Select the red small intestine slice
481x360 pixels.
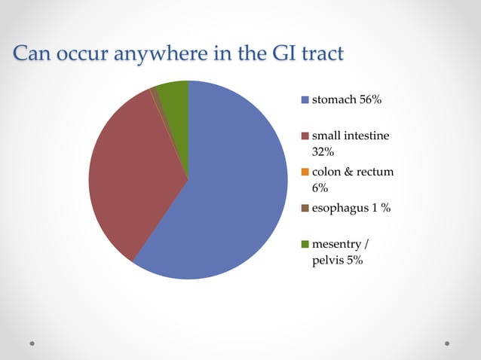point(136,173)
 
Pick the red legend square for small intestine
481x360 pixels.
point(305,136)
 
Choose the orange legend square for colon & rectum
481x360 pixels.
point(305,172)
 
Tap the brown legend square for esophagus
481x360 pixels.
point(305,209)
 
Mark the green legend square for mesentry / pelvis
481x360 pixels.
point(305,245)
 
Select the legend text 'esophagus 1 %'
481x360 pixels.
point(351,209)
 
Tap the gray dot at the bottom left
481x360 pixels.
point(33,343)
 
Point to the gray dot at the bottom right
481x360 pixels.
point(447,343)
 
